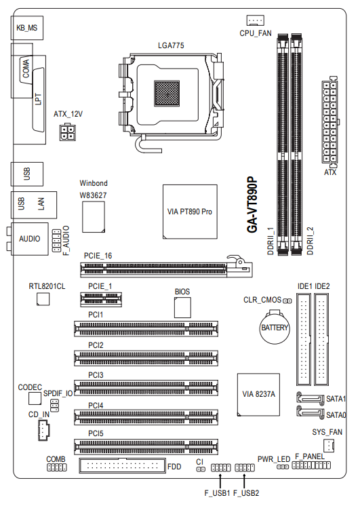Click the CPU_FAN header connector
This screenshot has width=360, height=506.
[x=255, y=20]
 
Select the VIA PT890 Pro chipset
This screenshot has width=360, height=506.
[x=190, y=212]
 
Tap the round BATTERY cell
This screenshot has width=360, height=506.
[x=275, y=327]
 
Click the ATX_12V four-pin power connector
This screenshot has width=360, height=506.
[x=67, y=132]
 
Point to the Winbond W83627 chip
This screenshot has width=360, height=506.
[x=94, y=217]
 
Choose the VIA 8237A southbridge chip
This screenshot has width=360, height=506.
[x=258, y=394]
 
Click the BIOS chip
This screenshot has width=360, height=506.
[x=182, y=307]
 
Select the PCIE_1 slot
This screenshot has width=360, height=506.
[x=101, y=300]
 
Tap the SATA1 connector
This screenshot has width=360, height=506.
[x=310, y=398]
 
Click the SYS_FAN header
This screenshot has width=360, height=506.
[x=328, y=446]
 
